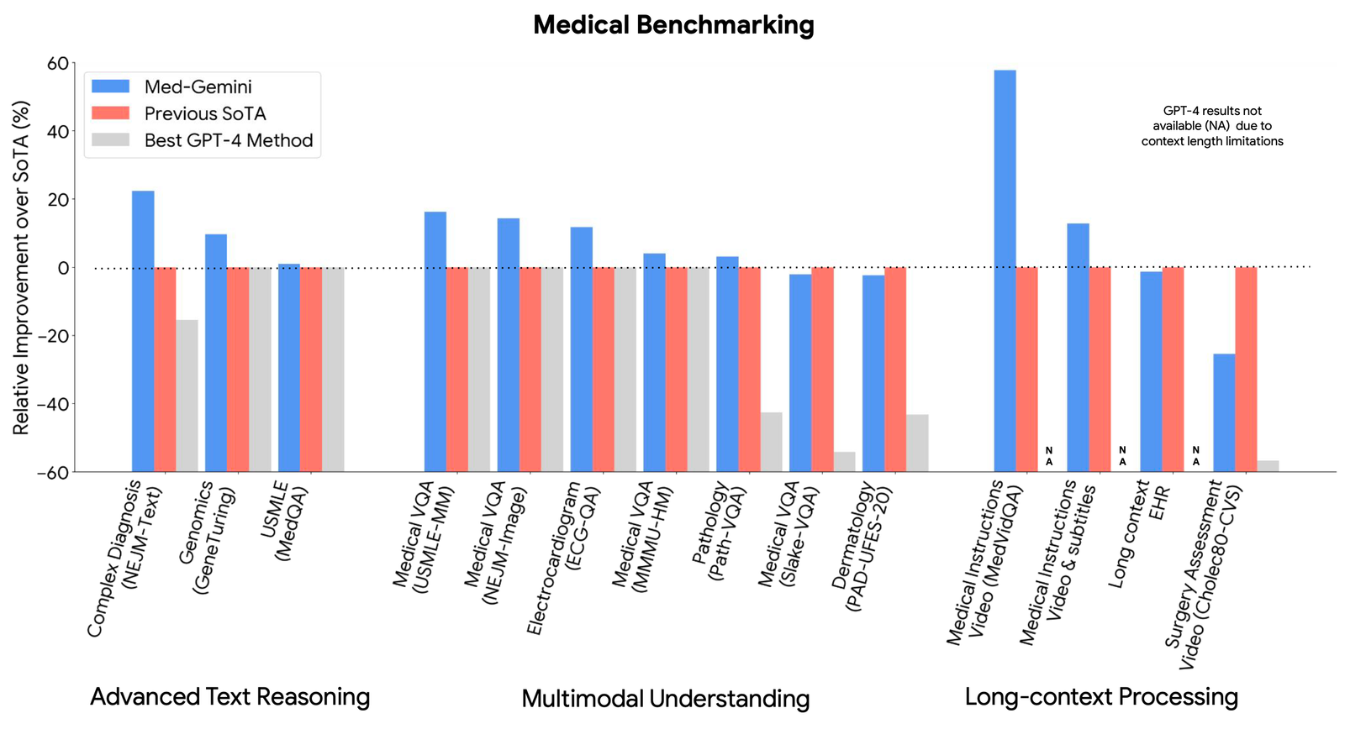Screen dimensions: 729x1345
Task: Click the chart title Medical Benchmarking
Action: point(673,24)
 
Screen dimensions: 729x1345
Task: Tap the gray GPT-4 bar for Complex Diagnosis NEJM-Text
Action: point(187,395)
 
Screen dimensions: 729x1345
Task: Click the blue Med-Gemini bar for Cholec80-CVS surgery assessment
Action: point(1224,412)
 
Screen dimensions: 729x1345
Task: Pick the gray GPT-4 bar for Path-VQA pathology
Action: point(771,441)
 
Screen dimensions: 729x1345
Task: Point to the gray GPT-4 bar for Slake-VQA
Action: point(844,461)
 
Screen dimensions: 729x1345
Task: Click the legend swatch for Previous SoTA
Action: point(110,113)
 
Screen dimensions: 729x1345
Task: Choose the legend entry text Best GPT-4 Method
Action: point(228,140)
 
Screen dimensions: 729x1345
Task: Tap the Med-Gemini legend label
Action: point(198,87)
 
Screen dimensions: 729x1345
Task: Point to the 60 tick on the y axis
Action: point(58,64)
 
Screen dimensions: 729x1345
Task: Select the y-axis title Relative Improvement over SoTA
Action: point(21,267)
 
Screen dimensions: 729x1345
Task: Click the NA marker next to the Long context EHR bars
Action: point(1195,456)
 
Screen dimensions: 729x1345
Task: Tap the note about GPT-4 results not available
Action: point(1211,126)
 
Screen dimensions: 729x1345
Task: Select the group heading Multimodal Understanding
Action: point(665,698)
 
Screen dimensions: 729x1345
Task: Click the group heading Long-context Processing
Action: point(1101,696)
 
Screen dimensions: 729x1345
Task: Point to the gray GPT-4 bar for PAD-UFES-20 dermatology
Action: point(917,443)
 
